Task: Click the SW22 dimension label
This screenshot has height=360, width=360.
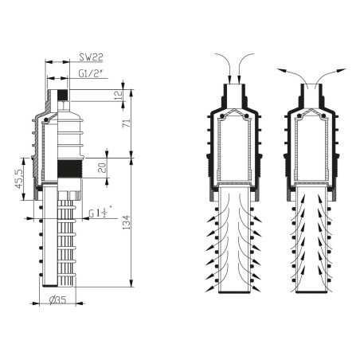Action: point(92,58)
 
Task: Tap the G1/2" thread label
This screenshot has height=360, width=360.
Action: point(95,74)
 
